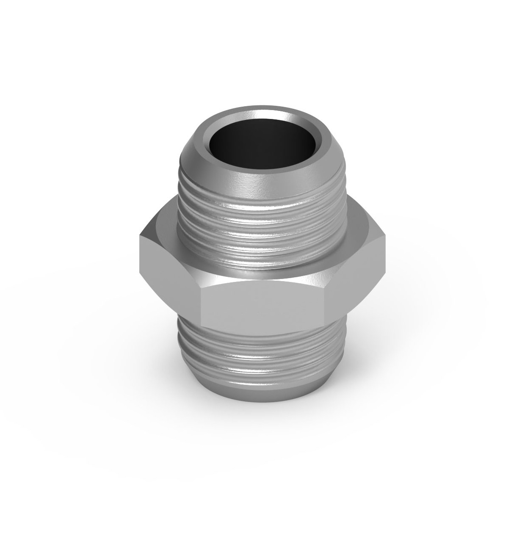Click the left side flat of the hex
click(169, 279)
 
